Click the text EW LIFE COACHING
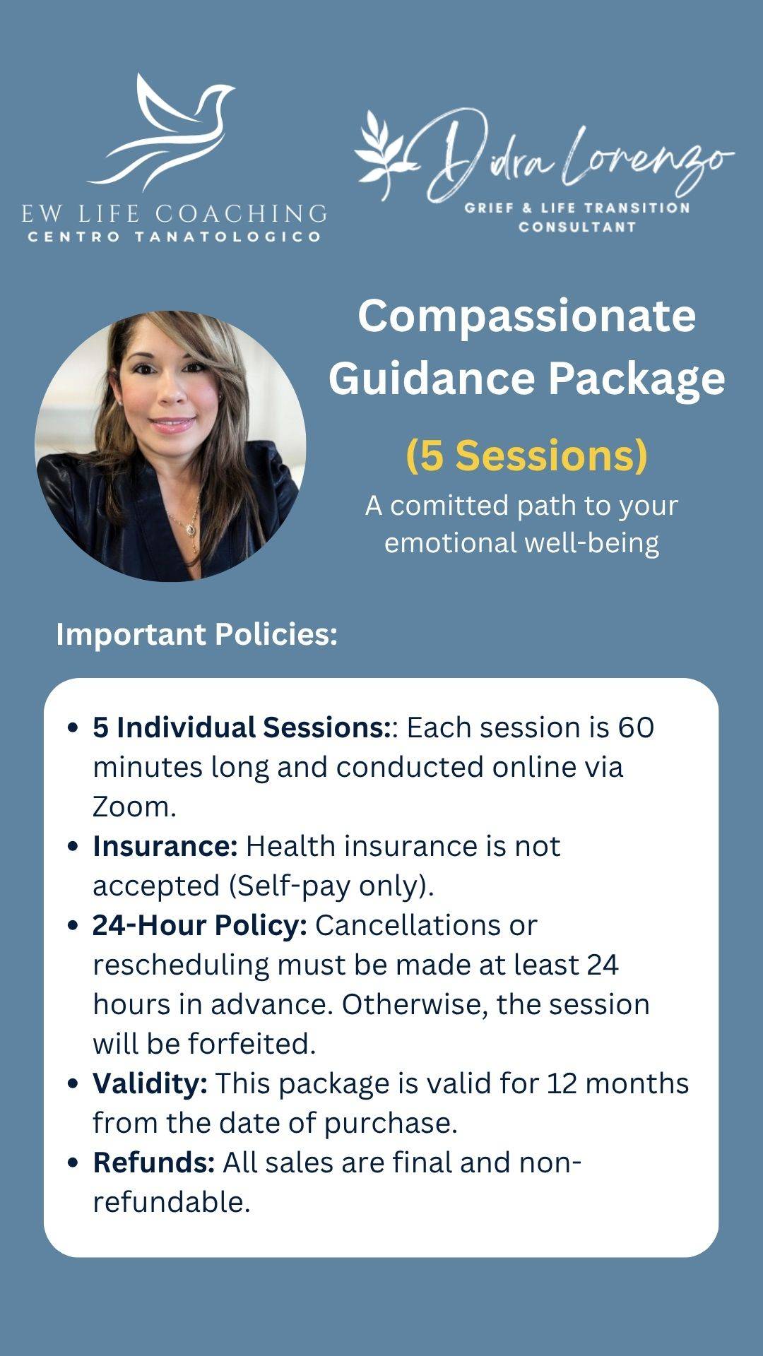coord(175,213)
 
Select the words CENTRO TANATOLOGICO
coord(175,237)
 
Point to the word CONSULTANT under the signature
coord(577,227)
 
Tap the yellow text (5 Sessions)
coord(527,456)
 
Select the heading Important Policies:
coord(197,634)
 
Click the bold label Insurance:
coord(165,846)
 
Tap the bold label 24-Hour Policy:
coord(200,926)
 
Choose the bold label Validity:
coord(150,1084)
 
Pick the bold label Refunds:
coord(154,1162)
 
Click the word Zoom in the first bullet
coord(134,807)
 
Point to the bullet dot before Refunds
coord(72,1163)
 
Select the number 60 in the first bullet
coord(636,727)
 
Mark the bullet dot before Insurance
coord(72,847)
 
